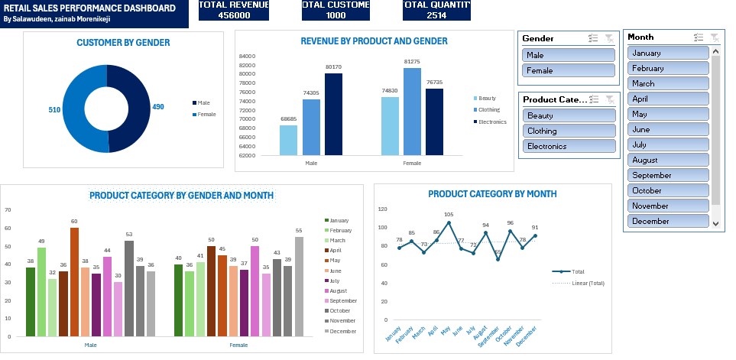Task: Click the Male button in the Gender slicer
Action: coord(569,55)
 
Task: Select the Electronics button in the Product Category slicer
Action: coord(569,146)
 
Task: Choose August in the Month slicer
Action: coord(670,161)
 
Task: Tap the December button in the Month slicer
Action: coord(670,222)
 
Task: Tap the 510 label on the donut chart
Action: coord(54,110)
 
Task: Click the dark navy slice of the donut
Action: coord(135,107)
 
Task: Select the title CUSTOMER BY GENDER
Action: coord(123,43)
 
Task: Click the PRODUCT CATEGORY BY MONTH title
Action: coord(492,194)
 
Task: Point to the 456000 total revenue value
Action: coord(234,15)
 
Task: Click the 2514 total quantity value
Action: coord(436,15)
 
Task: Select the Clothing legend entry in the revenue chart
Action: coord(488,110)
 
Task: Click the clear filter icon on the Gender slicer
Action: coord(608,38)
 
